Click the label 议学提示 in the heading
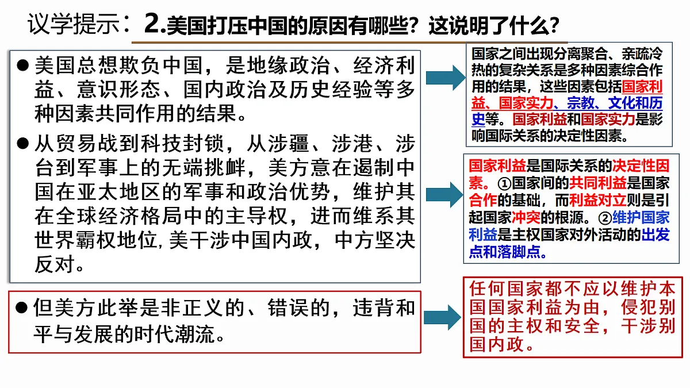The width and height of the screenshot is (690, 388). [74, 24]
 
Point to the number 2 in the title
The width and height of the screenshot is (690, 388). [152, 24]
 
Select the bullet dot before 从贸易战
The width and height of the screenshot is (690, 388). [23, 143]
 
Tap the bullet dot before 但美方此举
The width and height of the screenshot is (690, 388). [22, 307]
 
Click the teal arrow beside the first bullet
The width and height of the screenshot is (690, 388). [446, 78]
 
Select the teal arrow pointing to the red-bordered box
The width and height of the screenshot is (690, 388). [442, 317]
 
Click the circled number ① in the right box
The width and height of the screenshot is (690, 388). [504, 184]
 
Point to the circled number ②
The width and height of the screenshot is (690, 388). [605, 218]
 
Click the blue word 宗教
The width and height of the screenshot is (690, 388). [581, 103]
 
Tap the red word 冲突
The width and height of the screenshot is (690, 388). [526, 218]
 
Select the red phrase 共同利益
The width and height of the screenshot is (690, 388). [597, 183]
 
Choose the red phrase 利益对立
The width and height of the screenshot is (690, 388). [597, 201]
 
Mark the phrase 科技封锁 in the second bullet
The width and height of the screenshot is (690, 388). [182, 144]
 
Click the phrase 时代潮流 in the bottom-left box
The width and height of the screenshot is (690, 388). [174, 335]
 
